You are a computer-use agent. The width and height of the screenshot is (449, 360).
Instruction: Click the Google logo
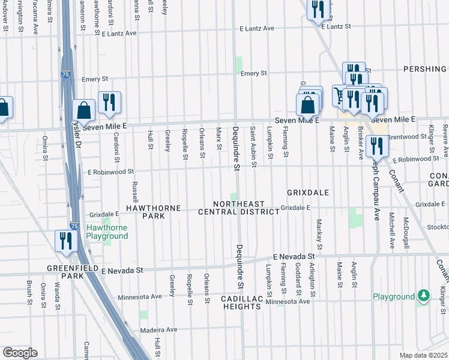point(20,352)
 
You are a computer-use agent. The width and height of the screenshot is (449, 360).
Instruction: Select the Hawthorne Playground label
point(107,232)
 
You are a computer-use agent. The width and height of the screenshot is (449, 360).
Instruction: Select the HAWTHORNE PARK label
point(153,212)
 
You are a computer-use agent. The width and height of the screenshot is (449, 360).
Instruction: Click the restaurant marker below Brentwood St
point(376,145)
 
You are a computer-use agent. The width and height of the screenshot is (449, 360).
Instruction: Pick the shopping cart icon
point(341,95)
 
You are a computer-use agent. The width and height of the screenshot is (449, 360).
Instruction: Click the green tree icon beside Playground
point(424,296)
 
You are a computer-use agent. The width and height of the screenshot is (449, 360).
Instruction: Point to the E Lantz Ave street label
point(256,28)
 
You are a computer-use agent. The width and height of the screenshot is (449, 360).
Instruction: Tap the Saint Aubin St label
point(254,147)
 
